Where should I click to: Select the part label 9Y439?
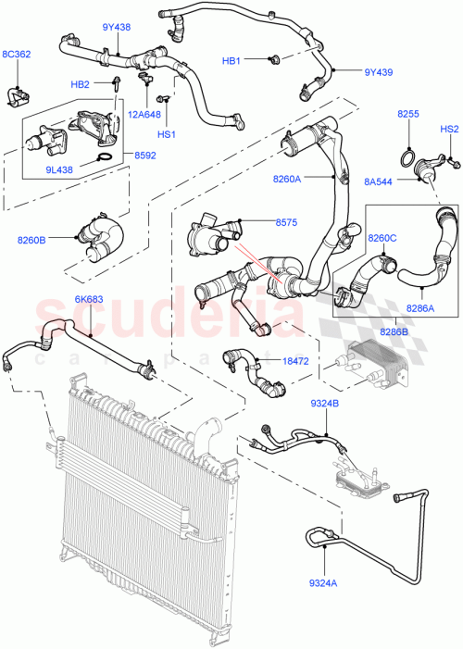pyautogui.click(x=380, y=71)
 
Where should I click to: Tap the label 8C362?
pyautogui.click(x=17, y=55)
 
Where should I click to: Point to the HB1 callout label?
pyautogui.click(x=231, y=61)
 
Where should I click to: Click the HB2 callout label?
pyautogui.click(x=81, y=84)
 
